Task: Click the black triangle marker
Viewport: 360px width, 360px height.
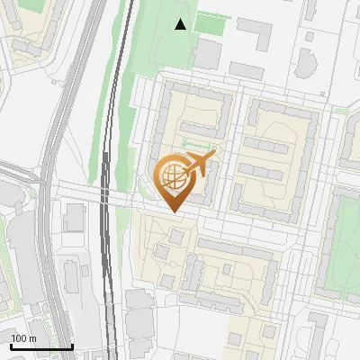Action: pyautogui.click(x=181, y=24)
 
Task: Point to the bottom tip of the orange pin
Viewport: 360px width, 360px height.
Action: pyautogui.click(x=174, y=212)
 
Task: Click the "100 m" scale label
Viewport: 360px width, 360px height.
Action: pyautogui.click(x=24, y=338)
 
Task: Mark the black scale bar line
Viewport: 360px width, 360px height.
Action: pyautogui.click(x=41, y=346)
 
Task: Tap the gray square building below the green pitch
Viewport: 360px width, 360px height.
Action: pyautogui.click(x=207, y=54)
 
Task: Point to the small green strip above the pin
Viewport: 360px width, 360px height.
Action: pyautogui.click(x=199, y=143)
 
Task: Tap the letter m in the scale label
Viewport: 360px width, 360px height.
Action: pyautogui.click(x=33, y=338)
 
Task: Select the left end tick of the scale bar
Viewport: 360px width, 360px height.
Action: pyautogui.click(x=11, y=345)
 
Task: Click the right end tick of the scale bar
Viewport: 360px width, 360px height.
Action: pyautogui.click(x=72, y=345)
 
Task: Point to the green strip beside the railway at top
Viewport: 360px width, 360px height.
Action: pyautogui.click(x=126, y=54)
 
